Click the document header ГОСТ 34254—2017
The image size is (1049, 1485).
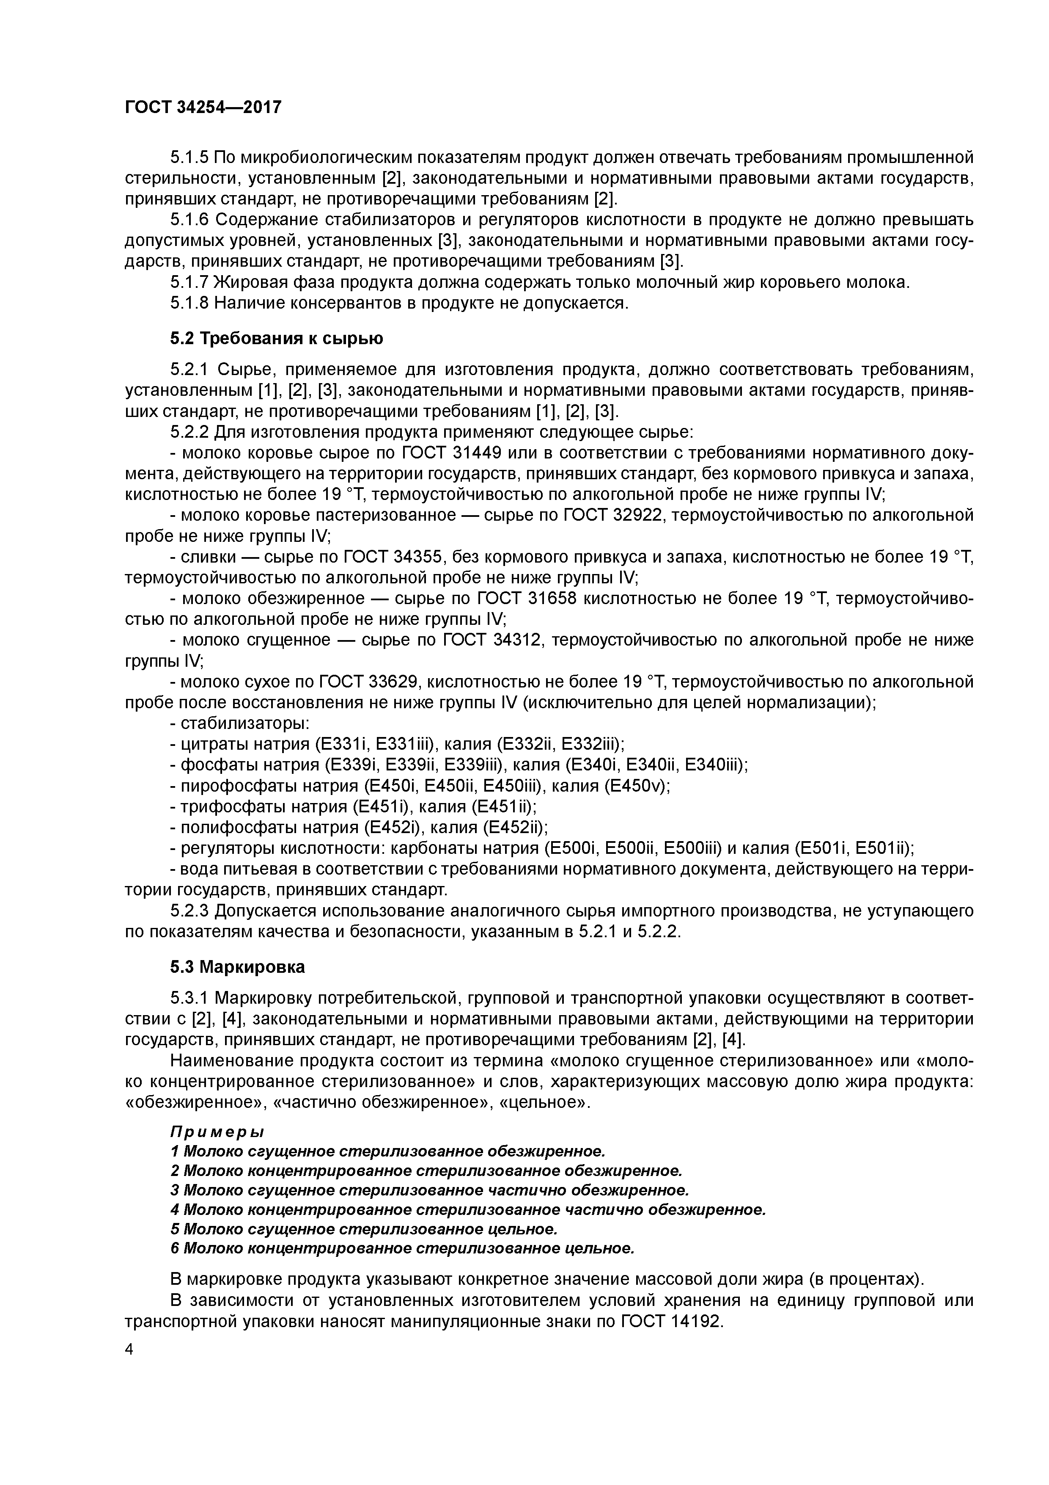pos(203,107)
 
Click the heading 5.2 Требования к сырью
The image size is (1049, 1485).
pos(277,338)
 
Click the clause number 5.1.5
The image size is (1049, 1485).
pos(189,157)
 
